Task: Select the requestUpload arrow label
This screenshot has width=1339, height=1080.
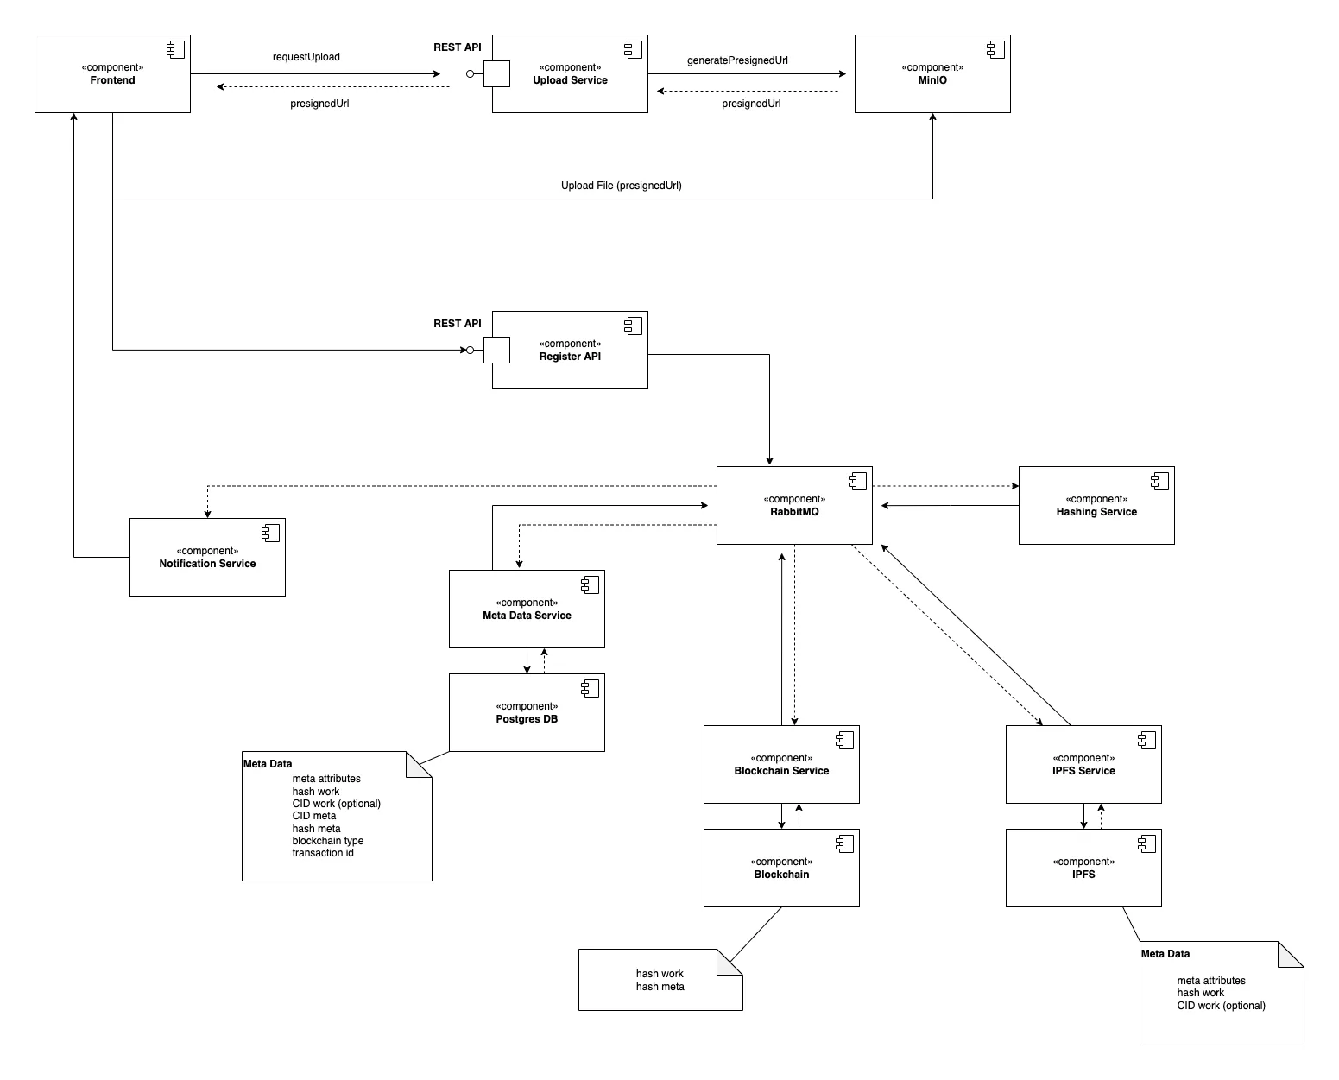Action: point(306,57)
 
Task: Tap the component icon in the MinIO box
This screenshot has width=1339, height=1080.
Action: point(995,50)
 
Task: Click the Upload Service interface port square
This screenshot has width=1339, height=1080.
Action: point(496,74)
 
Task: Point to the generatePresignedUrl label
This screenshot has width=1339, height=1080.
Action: point(737,60)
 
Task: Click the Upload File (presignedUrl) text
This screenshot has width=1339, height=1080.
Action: point(621,186)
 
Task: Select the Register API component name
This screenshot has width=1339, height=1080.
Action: point(570,357)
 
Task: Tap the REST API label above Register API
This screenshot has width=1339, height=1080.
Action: point(458,324)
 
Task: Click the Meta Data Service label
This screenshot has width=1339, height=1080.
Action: point(527,616)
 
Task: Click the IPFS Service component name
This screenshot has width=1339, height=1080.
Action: point(1083,771)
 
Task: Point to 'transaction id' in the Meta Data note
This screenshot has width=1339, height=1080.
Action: point(323,853)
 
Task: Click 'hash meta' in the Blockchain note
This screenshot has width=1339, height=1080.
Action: point(660,987)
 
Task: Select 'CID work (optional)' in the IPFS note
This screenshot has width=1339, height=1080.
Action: point(1221,1006)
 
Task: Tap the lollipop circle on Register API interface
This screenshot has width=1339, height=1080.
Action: point(471,351)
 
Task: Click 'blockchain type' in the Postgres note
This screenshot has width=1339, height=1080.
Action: point(328,841)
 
